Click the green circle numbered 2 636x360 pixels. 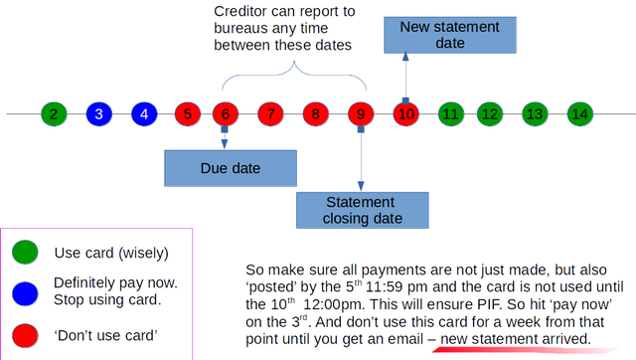(54, 114)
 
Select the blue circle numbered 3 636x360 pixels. (99, 114)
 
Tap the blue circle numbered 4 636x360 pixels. (144, 114)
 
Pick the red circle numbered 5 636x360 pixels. (188, 114)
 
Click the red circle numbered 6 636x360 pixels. (226, 114)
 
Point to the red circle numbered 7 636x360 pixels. (270, 114)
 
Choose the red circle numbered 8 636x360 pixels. (316, 114)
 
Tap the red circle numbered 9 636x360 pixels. (361, 114)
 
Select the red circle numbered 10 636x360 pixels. (406, 114)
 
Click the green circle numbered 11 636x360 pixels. (451, 114)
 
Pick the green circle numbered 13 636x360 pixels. (535, 114)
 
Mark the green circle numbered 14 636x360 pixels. (580, 114)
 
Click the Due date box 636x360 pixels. (231, 168)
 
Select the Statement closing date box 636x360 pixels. (363, 210)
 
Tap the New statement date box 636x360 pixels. (450, 35)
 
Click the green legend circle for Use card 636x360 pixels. (25, 252)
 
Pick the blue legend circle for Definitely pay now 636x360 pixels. (25, 293)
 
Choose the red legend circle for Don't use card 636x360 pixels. (25, 336)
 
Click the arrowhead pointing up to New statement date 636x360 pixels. (405, 57)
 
